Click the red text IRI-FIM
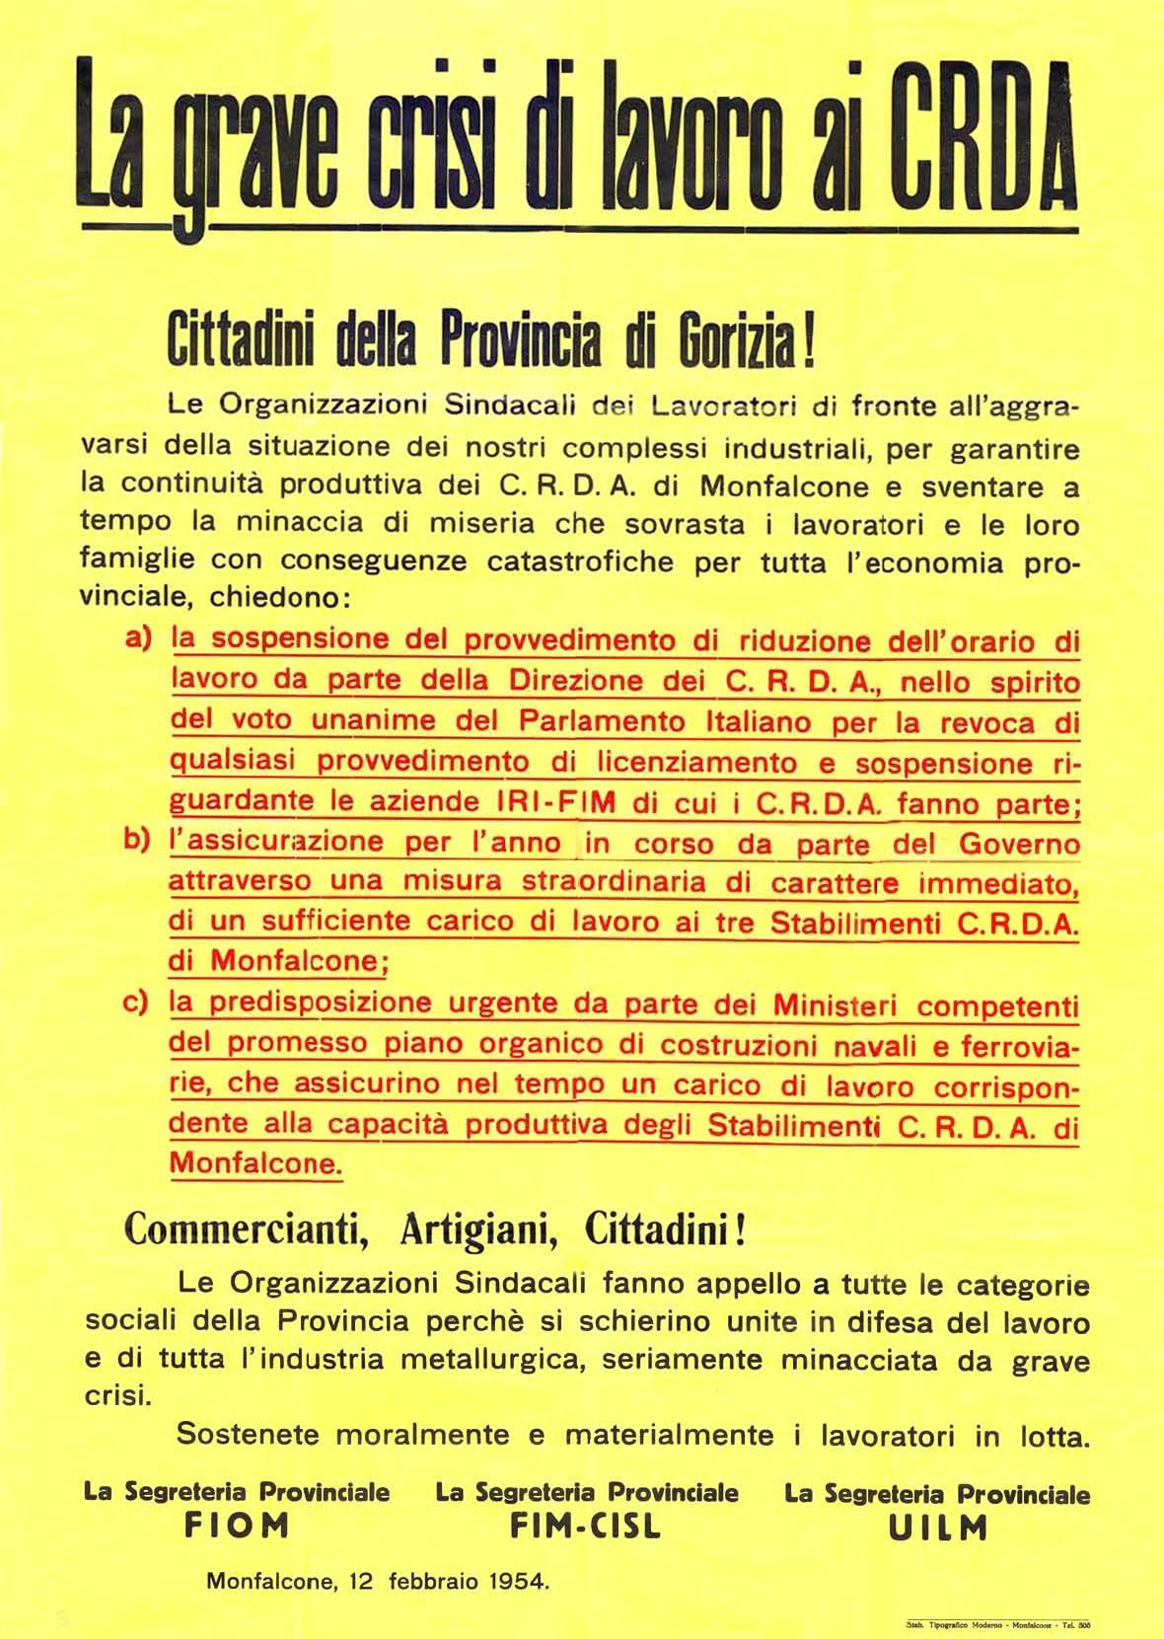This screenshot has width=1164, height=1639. click(x=559, y=801)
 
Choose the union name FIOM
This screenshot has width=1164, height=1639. click(x=238, y=1526)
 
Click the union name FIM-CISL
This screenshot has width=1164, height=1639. click(x=586, y=1526)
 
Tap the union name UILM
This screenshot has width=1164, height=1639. click(x=937, y=1527)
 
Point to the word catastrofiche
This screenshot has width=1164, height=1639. click(x=584, y=561)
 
